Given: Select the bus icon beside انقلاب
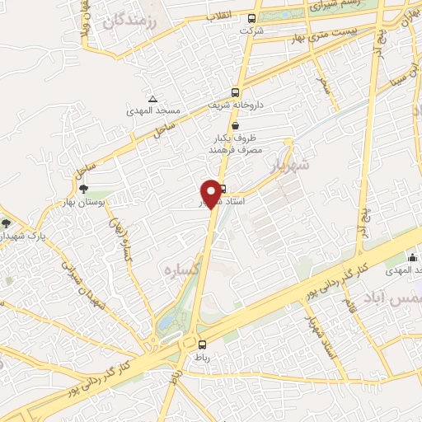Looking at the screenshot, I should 252,18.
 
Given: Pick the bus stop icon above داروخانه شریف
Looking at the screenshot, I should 236,93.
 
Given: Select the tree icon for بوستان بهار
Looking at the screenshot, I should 83,189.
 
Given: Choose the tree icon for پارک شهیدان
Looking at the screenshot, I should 7,223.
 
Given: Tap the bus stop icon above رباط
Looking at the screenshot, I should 202,344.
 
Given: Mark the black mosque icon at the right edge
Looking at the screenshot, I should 412,257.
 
